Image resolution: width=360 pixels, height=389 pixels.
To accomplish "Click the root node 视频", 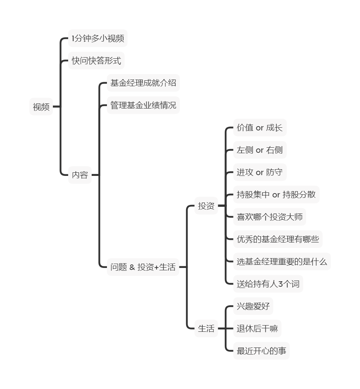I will tap(41, 107).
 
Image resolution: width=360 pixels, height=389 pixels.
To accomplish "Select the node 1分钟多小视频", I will tap(98, 38).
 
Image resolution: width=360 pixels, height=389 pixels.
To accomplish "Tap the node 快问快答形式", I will tap(96, 61).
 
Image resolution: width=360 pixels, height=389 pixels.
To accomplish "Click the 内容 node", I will tap(80, 175).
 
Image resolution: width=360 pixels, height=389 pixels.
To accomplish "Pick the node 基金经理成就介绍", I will tap(143, 83).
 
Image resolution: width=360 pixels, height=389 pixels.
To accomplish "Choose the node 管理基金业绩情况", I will tap(143, 105).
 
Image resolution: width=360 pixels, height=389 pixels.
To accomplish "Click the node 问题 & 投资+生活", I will tap(143, 267).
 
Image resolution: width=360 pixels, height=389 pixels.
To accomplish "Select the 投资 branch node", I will tap(206, 206).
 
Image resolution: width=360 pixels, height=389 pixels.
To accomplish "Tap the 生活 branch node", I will tap(206, 329).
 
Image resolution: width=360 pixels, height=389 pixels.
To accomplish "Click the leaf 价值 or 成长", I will tap(260, 128).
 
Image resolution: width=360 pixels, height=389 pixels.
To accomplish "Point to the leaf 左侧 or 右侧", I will tap(260, 150).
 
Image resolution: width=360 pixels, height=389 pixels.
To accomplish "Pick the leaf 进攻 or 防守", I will tap(260, 172).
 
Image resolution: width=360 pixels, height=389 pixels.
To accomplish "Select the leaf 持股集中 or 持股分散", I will tap(276, 195).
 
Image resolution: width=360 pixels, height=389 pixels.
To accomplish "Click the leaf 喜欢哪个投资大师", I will tap(270, 217).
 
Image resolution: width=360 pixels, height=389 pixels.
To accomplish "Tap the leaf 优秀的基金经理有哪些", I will tap(278, 239).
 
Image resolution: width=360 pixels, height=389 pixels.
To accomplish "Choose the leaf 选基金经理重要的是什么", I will tap(282, 262).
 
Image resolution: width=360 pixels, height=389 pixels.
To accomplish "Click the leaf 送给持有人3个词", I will tap(268, 284).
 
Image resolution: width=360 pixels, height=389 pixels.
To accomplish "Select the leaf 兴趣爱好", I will tap(253, 306).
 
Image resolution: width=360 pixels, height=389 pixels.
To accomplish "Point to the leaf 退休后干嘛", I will tap(257, 329).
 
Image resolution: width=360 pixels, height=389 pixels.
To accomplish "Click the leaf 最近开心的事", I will tap(261, 351).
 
